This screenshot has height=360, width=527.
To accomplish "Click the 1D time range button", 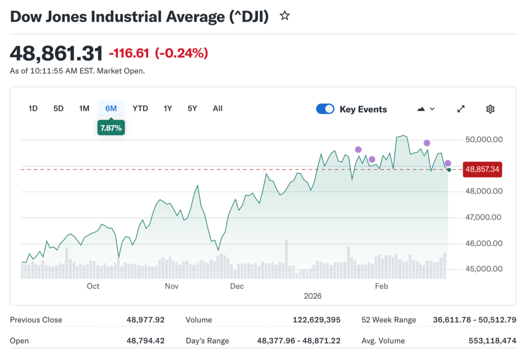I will click(x=33, y=109).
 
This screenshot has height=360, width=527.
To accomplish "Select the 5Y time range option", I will click(x=192, y=109).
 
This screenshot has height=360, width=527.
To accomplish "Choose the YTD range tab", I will click(x=140, y=109).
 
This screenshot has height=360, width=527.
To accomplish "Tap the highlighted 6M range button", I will click(x=111, y=109).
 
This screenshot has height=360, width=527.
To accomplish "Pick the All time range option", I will click(x=218, y=109).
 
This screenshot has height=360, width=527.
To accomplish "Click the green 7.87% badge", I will click(x=111, y=128).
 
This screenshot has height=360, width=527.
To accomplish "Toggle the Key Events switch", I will click(x=325, y=109).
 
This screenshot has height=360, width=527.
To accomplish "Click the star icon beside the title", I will click(x=285, y=16).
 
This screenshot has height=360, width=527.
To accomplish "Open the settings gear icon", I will click(x=490, y=109).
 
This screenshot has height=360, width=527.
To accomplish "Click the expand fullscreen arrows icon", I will click(x=461, y=109).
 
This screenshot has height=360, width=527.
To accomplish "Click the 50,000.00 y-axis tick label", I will click(x=483, y=139).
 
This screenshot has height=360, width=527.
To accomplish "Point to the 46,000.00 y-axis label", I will click(x=483, y=243).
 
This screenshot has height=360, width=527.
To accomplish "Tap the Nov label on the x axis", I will click(x=171, y=286).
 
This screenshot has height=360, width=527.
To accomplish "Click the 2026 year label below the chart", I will click(x=312, y=296).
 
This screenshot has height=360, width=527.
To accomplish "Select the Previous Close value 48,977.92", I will click(x=146, y=320).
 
